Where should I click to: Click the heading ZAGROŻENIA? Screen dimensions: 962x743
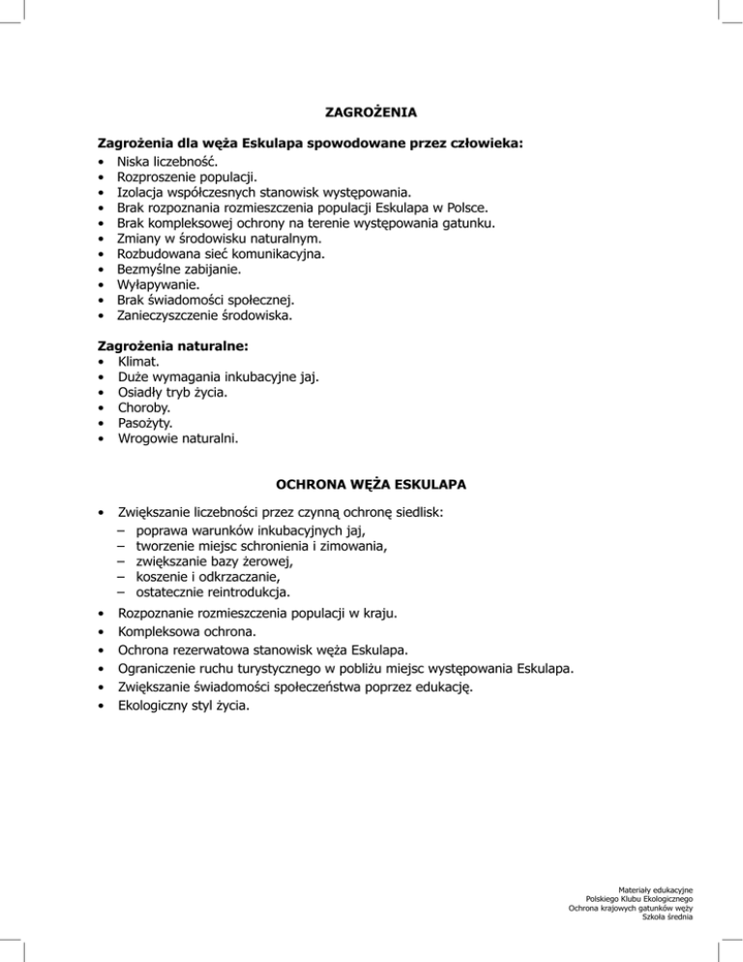pyautogui.click(x=371, y=112)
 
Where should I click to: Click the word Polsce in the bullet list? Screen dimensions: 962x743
pyautogui.click(x=465, y=207)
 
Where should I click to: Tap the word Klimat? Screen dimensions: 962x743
pyautogui.click(x=138, y=361)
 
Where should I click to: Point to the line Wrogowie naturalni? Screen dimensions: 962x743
pyautogui.click(x=176, y=438)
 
